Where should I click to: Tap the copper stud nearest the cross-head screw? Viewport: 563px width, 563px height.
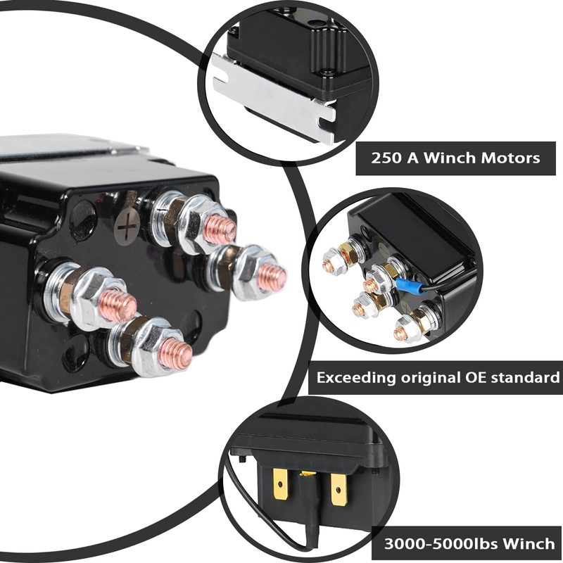click(219, 229)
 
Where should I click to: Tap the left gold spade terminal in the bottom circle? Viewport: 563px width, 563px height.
click(281, 483)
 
